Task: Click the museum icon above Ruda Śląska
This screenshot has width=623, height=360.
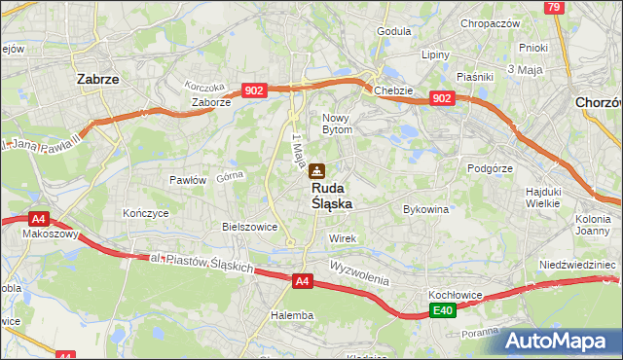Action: click(x=317, y=171)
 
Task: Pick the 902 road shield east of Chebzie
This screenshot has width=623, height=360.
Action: click(x=442, y=98)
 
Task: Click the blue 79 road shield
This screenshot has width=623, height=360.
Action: click(x=554, y=8)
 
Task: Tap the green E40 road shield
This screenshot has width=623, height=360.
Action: click(x=443, y=310)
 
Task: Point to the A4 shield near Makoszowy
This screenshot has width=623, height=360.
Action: click(x=38, y=220)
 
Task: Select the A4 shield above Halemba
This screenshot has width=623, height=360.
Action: click(x=303, y=282)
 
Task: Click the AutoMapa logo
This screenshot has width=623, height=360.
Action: click(x=561, y=341)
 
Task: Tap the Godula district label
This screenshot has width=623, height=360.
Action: click(x=394, y=31)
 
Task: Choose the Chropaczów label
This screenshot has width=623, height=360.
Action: click(x=492, y=23)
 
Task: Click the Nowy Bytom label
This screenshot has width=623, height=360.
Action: click(x=343, y=123)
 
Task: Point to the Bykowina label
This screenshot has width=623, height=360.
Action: click(x=425, y=208)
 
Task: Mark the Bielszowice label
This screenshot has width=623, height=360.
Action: click(x=250, y=226)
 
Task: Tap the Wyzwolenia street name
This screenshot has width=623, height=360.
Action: click(x=359, y=270)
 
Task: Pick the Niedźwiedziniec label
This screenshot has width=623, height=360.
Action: click(x=578, y=264)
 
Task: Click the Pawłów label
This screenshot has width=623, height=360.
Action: click(x=188, y=179)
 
